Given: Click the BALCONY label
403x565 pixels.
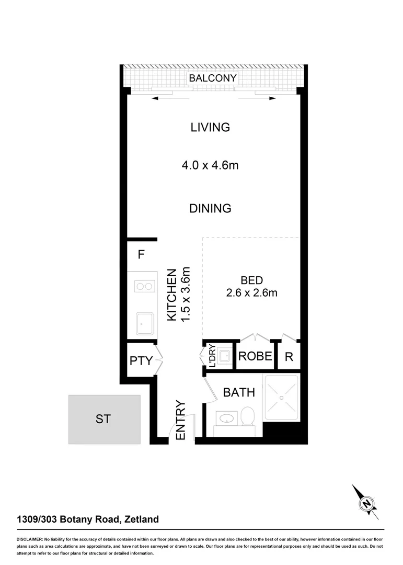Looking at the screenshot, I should [x=213, y=78].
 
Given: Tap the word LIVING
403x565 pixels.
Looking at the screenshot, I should [x=210, y=127].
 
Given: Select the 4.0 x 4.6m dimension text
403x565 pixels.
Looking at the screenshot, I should [x=210, y=166].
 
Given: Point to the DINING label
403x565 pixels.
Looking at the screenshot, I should [x=210, y=208].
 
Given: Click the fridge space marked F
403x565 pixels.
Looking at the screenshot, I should [x=141, y=255].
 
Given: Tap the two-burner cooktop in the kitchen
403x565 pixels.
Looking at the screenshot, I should [x=144, y=286].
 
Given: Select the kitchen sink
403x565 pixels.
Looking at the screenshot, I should [x=144, y=324].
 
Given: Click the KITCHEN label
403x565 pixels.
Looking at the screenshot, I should [x=171, y=295].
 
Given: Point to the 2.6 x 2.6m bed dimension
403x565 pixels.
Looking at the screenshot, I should [x=251, y=293].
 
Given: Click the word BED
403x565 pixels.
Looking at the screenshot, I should [x=251, y=280].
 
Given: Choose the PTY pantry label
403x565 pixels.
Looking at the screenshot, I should [x=141, y=360].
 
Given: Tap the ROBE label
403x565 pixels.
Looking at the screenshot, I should [x=255, y=356].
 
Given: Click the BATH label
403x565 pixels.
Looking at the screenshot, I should [x=239, y=392].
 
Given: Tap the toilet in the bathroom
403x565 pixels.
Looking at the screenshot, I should [x=247, y=416].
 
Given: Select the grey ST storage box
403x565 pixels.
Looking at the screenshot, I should [x=104, y=419].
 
